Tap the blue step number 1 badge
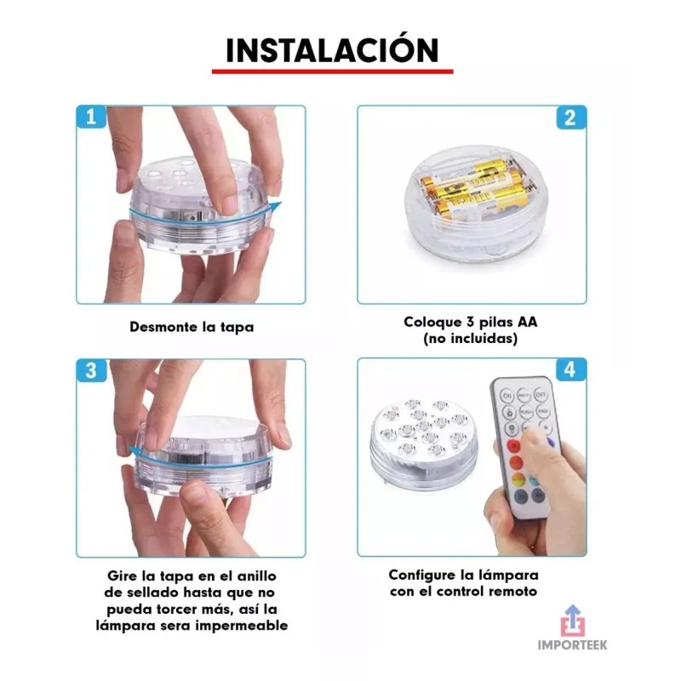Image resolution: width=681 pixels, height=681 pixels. point(91,117)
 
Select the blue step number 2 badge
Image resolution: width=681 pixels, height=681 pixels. point(571,117)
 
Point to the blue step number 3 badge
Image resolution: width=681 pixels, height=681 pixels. point(91,370)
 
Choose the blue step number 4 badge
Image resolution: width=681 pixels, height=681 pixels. point(571,370)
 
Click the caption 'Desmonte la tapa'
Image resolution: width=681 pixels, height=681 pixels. point(192,326)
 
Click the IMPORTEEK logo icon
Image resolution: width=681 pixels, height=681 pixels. point(574,619)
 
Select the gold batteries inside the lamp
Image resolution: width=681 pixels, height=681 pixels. point(477,188)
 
